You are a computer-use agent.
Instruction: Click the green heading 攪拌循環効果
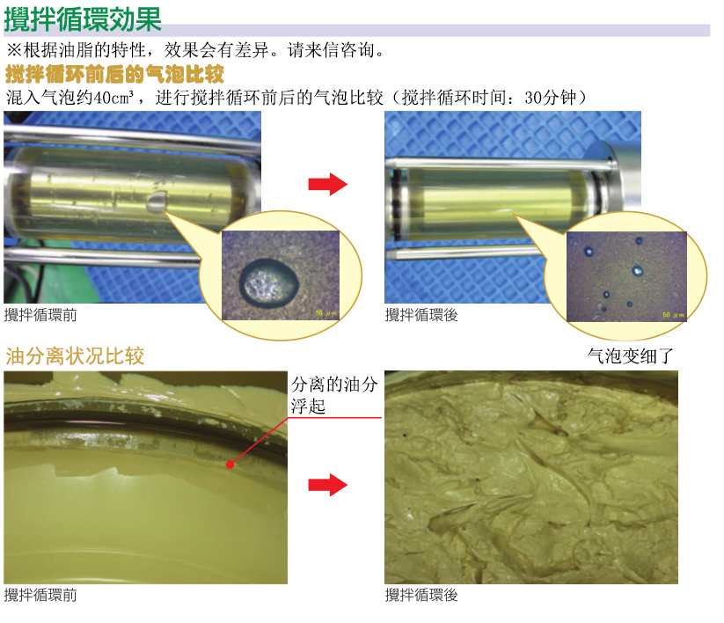point(83,18)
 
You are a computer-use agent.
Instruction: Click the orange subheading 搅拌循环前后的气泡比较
point(114,73)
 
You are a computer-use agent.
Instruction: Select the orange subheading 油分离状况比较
point(75,356)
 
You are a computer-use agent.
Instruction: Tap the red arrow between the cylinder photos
point(327,184)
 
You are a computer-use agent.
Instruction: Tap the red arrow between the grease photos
point(327,483)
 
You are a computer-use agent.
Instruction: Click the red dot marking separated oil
point(229,463)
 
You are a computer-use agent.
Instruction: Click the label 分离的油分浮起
point(334,395)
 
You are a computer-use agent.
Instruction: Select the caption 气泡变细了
point(630,356)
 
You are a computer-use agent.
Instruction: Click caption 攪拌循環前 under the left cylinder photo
point(40,315)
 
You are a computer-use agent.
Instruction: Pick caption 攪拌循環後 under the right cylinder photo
point(421,315)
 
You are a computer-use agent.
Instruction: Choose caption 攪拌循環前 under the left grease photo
point(40,595)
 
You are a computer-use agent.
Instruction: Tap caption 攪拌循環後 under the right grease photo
point(421,595)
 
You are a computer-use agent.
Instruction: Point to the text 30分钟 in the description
point(551,97)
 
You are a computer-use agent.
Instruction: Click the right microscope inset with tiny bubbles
point(625,275)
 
